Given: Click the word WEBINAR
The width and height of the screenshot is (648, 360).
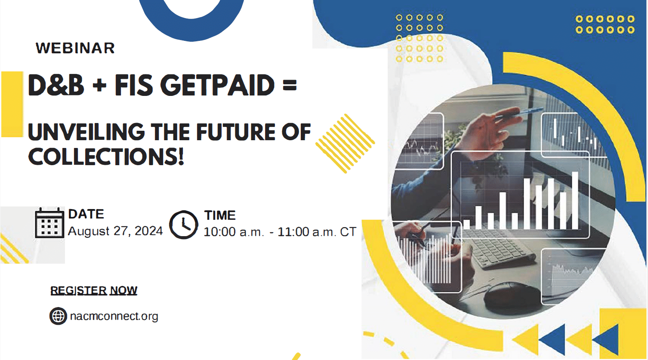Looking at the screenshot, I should (75, 48).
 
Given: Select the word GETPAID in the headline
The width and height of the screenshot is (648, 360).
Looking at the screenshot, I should (220, 85).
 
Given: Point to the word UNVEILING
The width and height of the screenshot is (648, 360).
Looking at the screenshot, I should (86, 132).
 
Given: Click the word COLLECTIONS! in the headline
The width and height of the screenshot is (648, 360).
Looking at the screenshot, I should (106, 157).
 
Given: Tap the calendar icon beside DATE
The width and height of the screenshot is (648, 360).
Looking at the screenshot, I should (49, 223).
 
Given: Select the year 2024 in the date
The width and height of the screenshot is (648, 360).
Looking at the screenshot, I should (148, 231).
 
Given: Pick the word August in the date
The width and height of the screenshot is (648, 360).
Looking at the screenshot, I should (89, 231).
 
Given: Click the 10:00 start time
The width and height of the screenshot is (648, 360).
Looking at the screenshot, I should (219, 232).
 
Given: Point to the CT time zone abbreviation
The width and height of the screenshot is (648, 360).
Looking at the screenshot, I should (348, 232).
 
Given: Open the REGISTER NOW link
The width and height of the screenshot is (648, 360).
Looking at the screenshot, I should (94, 291).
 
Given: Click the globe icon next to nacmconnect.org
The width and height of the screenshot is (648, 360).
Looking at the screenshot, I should (58, 316).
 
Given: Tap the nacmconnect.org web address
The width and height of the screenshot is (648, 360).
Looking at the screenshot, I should (114, 317).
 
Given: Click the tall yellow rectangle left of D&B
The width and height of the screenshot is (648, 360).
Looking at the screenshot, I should (12, 104).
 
